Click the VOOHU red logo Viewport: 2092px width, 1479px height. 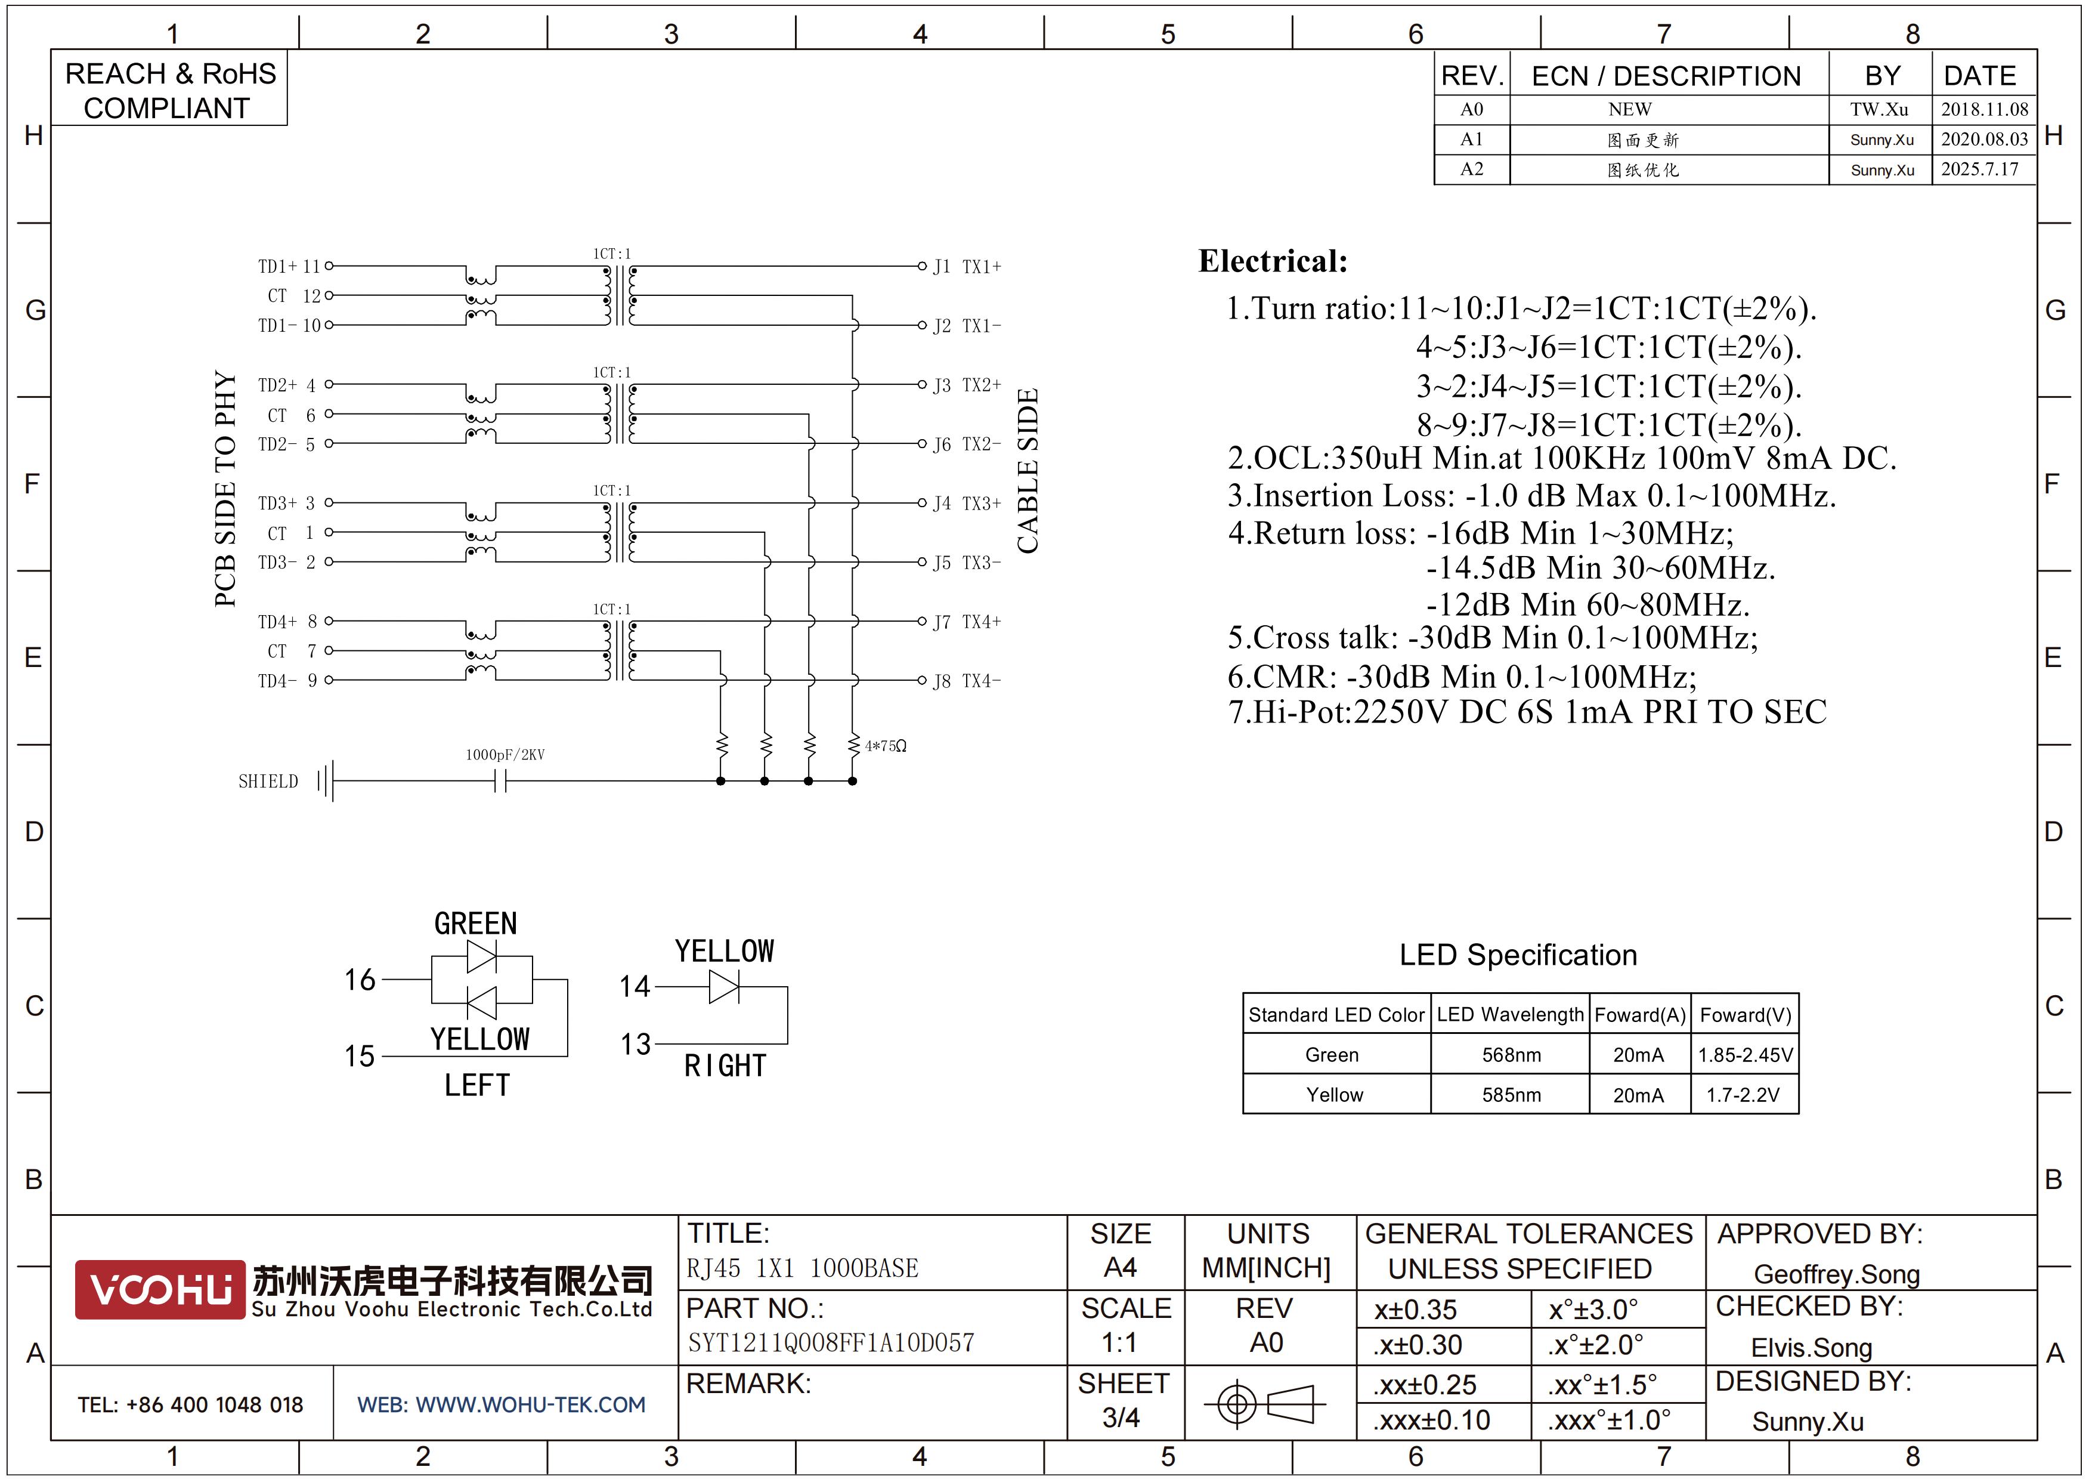point(159,1289)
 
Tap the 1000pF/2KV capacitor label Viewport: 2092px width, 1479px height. point(505,755)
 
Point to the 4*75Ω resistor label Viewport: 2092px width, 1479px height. point(886,746)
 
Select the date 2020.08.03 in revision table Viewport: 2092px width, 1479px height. point(1983,140)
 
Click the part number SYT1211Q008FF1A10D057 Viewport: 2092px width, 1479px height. point(830,1343)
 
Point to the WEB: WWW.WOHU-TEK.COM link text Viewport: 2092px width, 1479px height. point(501,1405)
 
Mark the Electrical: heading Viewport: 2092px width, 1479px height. point(1272,261)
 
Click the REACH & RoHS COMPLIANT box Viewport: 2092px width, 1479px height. point(169,90)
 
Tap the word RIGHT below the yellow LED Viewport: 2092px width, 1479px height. point(725,1066)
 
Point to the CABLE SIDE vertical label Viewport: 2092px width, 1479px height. point(1028,471)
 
